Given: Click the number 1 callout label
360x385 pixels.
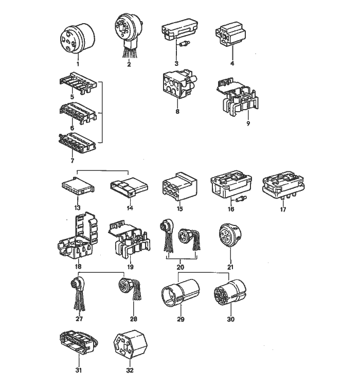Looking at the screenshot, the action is (78, 64).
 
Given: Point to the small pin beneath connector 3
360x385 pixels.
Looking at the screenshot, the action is (185, 44).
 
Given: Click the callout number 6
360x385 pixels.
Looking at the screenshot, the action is (72, 128).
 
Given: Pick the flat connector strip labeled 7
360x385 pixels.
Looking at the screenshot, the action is (78, 143).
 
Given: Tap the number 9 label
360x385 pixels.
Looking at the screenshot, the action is (248, 123).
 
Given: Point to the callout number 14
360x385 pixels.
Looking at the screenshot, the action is (130, 208).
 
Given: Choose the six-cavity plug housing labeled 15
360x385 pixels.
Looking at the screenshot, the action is (179, 186).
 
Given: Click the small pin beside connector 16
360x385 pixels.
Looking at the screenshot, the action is (242, 199).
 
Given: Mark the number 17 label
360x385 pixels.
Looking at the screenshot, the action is (283, 209).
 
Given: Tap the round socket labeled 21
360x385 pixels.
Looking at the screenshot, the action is (230, 235).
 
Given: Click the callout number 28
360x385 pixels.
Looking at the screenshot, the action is (134, 319).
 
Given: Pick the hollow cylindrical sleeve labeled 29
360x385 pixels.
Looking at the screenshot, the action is (181, 292).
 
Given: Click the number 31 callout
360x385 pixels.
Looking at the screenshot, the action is (79, 370).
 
